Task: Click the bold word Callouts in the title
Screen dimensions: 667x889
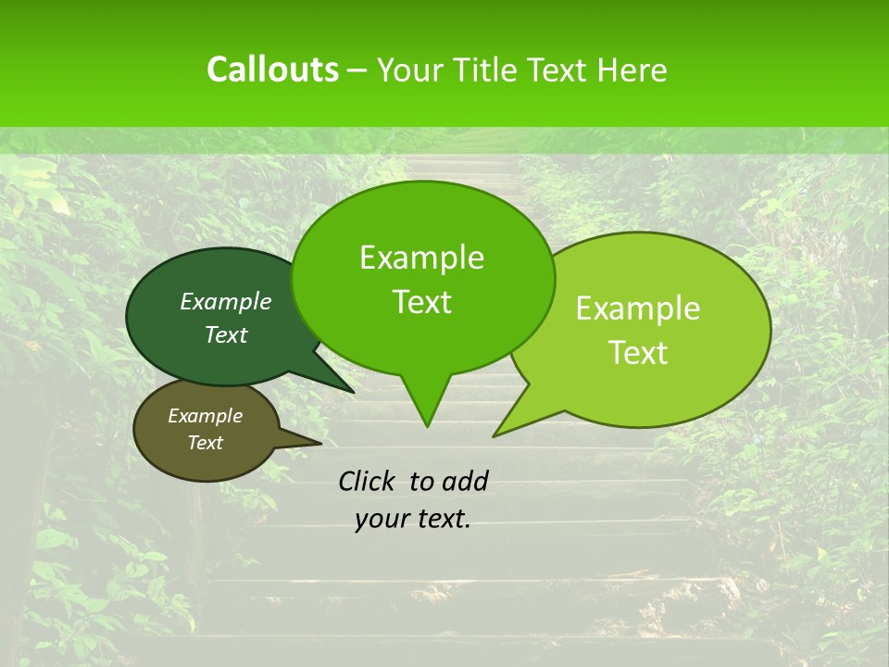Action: [x=272, y=69]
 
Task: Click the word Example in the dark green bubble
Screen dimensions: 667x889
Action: [x=226, y=301]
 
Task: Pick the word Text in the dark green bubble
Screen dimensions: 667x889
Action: [x=226, y=334]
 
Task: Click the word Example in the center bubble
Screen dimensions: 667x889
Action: [x=421, y=258]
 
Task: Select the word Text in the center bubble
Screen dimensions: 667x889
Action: [x=421, y=302]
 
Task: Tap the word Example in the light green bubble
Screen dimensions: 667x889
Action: [x=638, y=308]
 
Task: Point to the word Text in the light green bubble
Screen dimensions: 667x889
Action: [x=638, y=353]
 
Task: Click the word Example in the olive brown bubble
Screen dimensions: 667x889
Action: [x=206, y=416]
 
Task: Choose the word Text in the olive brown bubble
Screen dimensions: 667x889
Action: [x=206, y=443]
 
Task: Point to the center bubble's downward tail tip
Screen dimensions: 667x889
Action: [x=427, y=425]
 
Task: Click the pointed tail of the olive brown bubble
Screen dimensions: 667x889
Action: [x=319, y=444]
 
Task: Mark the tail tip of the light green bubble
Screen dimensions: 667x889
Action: [x=495, y=434]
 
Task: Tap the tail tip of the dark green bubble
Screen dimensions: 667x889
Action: [x=353, y=392]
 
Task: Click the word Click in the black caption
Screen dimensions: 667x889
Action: [x=369, y=481]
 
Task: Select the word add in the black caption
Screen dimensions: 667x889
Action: [x=464, y=481]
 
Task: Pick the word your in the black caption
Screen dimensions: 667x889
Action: [x=380, y=519]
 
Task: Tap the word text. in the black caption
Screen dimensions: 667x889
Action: [x=441, y=519]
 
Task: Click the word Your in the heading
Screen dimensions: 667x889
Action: [x=411, y=69]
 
